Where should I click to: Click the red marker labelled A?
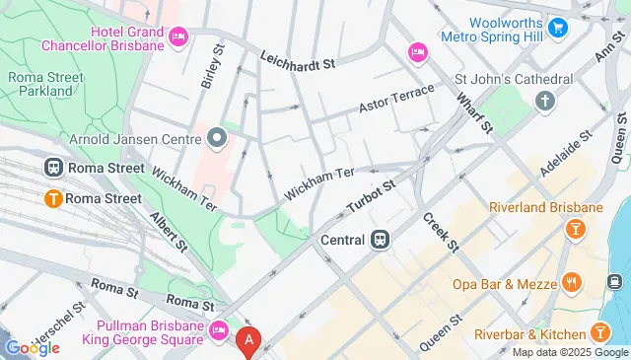click(248, 341)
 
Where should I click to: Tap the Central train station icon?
click(379, 239)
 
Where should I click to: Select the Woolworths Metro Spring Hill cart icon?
click(559, 28)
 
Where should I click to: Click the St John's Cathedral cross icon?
click(544, 101)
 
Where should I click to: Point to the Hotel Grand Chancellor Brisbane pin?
click(178, 37)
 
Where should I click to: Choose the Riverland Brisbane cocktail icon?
click(574, 229)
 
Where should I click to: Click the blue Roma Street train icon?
click(53, 168)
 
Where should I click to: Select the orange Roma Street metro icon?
click(53, 198)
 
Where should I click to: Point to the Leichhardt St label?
click(299, 60)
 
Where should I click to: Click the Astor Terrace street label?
click(397, 98)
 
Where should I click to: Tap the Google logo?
click(33, 347)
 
